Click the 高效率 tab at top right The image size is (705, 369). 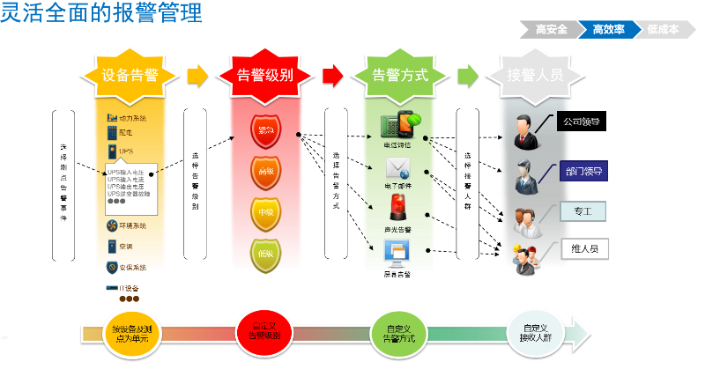click(609, 30)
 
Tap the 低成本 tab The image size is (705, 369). click(663, 30)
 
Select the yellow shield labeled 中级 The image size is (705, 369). click(264, 212)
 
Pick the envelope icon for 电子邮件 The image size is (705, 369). click(397, 167)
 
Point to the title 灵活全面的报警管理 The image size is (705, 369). click(101, 13)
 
